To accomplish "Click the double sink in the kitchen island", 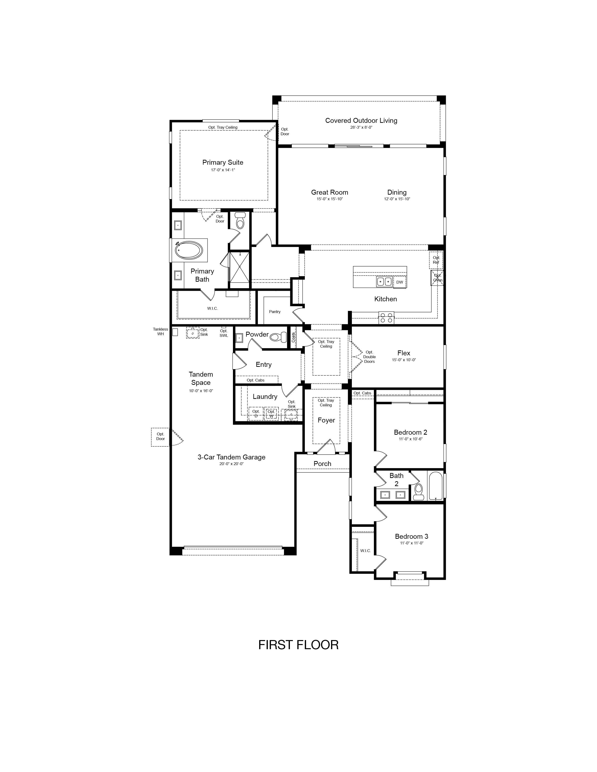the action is (x=384, y=282).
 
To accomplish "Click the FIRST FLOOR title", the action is (x=298, y=645).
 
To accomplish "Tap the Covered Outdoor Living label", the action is (x=361, y=120).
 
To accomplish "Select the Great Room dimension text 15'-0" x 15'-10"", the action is (x=330, y=199).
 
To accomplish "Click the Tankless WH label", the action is (x=161, y=331).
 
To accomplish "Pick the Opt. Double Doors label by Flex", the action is (x=369, y=357).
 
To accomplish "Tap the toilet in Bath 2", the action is (x=419, y=492).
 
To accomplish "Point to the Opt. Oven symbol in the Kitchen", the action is (x=437, y=278).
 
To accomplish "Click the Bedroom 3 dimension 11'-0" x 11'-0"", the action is (x=412, y=543).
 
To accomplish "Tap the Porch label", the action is (x=322, y=463).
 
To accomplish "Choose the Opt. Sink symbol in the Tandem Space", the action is (x=193, y=333).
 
